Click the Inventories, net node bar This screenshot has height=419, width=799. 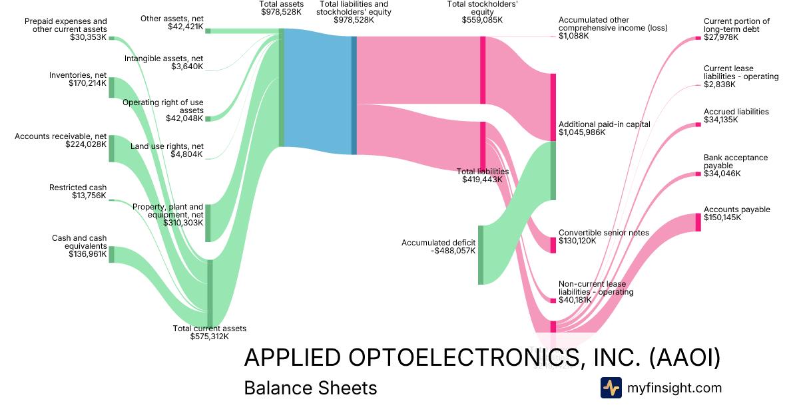tap(112, 88)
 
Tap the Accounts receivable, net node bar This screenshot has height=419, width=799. tap(112, 148)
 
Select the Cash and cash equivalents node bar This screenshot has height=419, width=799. tap(112, 254)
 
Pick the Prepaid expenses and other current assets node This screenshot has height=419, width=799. tap(112, 39)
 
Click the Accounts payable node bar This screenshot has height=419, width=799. tap(698, 222)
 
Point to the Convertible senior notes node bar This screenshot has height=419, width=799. tap(553, 245)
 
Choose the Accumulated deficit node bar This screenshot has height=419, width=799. tap(481, 255)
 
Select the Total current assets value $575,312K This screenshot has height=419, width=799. tap(209, 337)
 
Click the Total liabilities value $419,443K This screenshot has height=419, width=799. tap(482, 180)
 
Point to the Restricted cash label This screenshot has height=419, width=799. tap(78, 188)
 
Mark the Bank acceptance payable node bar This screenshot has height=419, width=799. tap(698, 174)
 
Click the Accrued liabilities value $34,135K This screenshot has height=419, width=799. tap(722, 120)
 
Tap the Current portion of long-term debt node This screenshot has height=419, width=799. tap(698, 38)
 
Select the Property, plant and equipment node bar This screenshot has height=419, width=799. tap(208, 223)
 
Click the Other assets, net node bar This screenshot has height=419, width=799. tap(208, 31)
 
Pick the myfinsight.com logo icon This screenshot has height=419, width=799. tap(611, 388)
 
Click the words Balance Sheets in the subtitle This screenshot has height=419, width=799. tap(310, 388)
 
